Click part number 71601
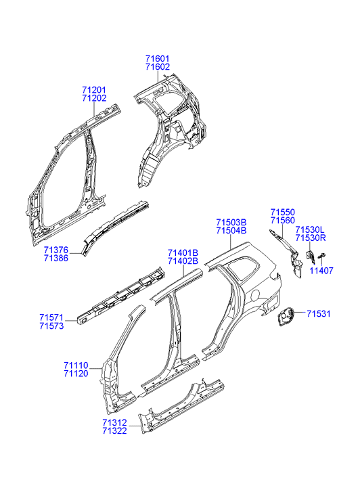coord(157,59)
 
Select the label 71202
coord(95,98)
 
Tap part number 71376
coord(56,250)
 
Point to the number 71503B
coord(231,223)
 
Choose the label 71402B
coord(183,261)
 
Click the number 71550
coord(283,213)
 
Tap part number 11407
coord(321,271)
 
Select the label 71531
coord(319,314)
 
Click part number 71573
coord(52,326)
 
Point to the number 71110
coord(76,365)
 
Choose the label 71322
coord(114,431)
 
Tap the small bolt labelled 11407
coord(321,256)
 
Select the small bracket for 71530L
coord(310,257)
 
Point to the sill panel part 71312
coord(182,405)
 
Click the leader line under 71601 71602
coord(158,76)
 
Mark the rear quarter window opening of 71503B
coord(244,267)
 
